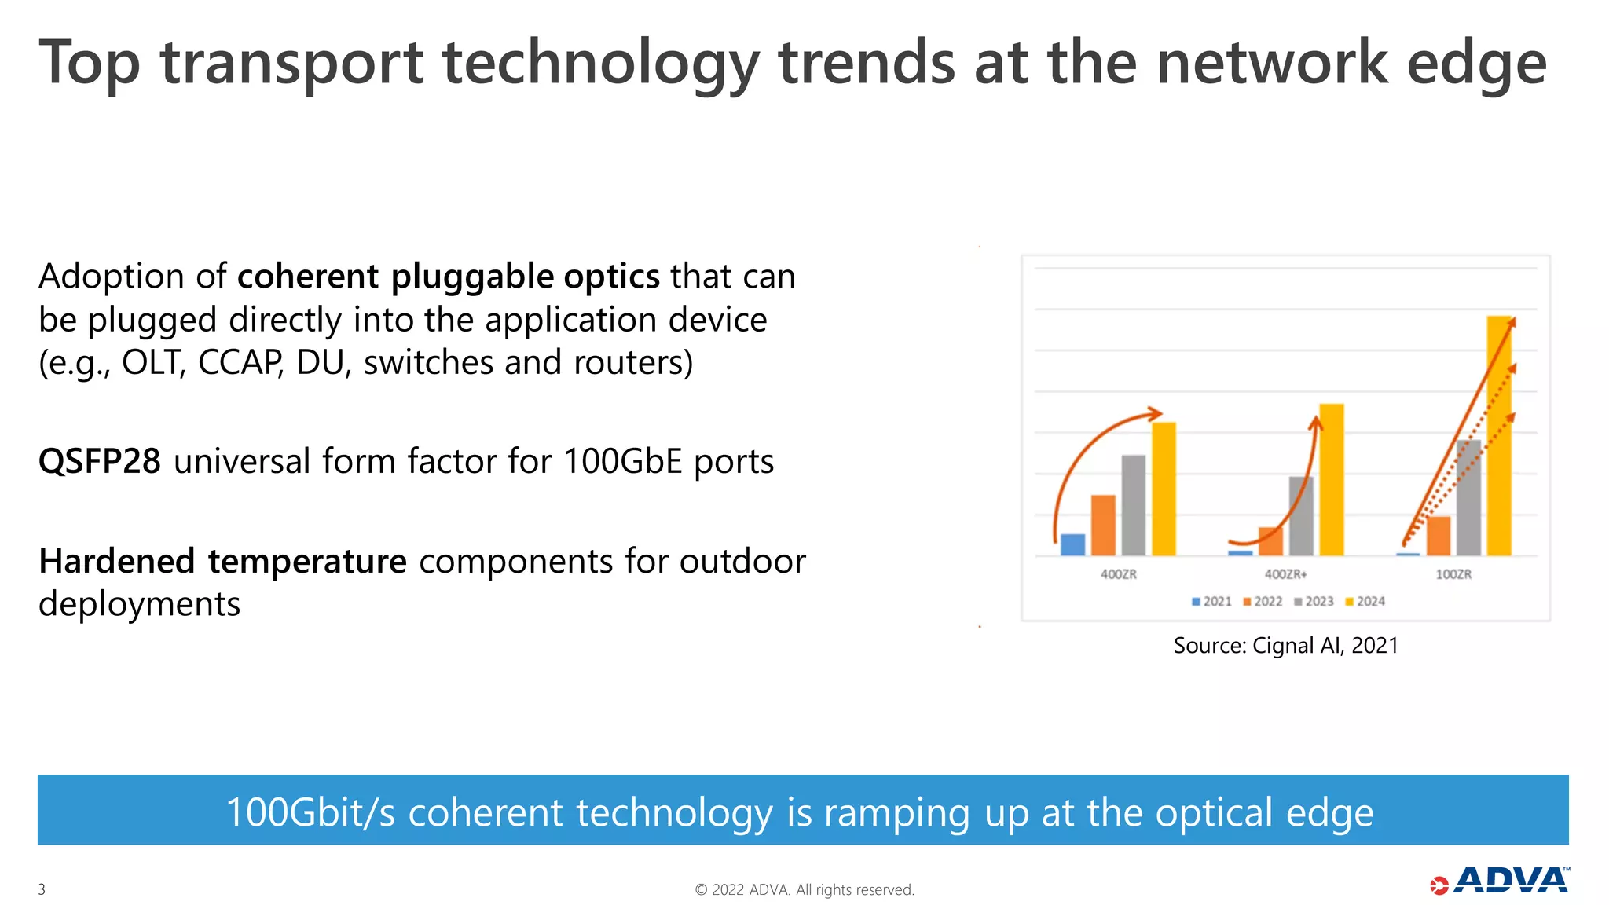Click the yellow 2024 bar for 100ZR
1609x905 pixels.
coord(1499,440)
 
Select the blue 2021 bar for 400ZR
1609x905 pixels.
coord(1072,544)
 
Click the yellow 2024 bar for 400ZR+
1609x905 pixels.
coord(1332,479)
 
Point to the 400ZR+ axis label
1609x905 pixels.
coord(1285,574)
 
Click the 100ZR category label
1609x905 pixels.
coord(1453,574)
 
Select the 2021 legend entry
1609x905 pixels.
coord(1211,602)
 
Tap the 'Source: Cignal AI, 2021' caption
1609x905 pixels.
coord(1285,646)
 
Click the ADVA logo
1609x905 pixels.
coord(1500,881)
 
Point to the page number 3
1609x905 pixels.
coord(42,889)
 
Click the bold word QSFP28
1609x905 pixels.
coord(100,461)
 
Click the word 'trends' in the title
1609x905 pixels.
coord(866,63)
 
